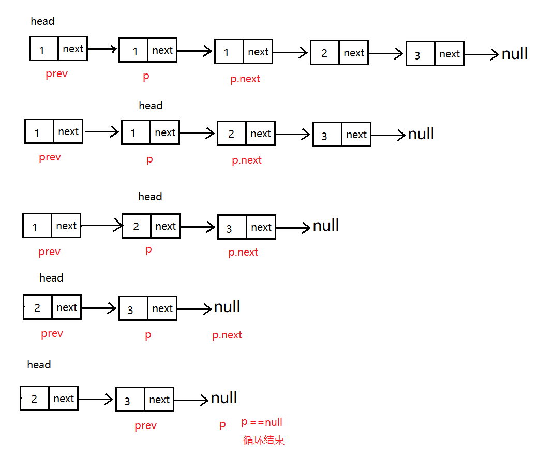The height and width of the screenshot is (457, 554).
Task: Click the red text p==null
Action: [x=262, y=422]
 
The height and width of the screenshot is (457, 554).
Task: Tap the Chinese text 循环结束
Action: [x=264, y=440]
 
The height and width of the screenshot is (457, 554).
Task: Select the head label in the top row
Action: [x=42, y=21]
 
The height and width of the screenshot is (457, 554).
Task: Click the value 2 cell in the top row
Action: [x=324, y=53]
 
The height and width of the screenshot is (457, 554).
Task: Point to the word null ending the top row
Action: [x=515, y=53]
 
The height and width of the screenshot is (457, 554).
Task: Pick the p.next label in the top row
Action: [x=245, y=79]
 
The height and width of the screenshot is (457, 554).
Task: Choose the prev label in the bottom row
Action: [x=145, y=426]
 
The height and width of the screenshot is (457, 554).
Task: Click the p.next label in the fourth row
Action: [x=227, y=335]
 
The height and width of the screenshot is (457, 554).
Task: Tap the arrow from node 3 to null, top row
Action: [x=482, y=54]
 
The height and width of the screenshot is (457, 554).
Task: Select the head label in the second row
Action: [x=151, y=106]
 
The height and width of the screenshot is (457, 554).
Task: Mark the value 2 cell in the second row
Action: [x=231, y=134]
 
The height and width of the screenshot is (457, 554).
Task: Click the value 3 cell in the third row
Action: [x=229, y=228]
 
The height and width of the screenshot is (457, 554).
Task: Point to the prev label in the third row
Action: [x=49, y=252]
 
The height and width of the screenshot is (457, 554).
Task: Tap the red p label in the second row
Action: [x=149, y=159]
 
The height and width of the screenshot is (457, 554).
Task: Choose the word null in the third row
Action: [x=326, y=226]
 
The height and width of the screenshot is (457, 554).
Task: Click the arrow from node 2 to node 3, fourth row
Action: [x=99, y=308]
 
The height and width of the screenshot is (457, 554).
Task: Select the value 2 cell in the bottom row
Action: [x=34, y=399]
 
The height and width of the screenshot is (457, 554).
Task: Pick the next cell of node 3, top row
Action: [x=449, y=54]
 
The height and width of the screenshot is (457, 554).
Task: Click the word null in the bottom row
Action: [x=224, y=398]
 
